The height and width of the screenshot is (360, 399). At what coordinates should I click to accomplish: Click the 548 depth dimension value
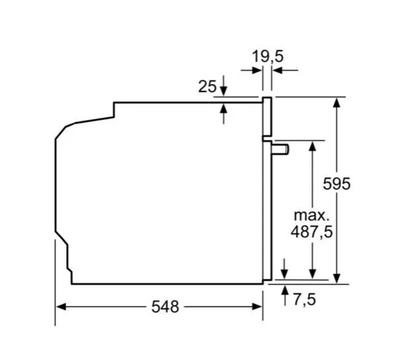click(165, 306)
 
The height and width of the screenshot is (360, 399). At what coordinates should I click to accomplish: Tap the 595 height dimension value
click(336, 184)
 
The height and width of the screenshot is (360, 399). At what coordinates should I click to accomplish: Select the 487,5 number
click(312, 232)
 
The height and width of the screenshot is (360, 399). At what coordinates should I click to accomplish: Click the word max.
click(312, 216)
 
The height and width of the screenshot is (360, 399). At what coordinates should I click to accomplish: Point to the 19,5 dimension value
click(267, 56)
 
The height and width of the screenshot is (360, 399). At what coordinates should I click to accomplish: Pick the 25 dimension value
click(207, 86)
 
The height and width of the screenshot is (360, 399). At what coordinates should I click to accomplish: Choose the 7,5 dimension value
click(304, 299)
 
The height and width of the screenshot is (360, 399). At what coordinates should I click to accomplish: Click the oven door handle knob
click(280, 150)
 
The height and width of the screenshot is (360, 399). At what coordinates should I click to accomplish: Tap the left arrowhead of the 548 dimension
click(61, 306)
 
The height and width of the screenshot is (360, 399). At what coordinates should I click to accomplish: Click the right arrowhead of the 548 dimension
click(257, 306)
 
